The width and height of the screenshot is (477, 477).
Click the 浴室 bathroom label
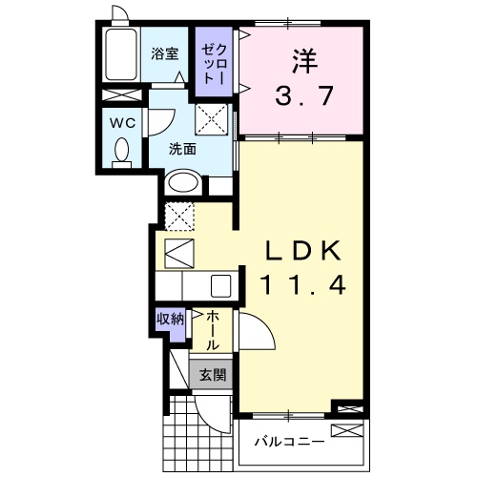165,54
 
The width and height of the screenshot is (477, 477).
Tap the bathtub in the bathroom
121,55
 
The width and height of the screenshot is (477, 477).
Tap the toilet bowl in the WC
121,152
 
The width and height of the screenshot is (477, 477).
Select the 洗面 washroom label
183,149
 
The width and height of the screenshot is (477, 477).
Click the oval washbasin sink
184,182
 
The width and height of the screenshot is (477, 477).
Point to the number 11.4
301,283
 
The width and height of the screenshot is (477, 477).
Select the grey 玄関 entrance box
211,375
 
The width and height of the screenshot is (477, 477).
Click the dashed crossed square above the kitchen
178,217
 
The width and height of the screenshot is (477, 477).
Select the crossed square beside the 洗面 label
210,120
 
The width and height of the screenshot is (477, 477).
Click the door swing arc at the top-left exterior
120,13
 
